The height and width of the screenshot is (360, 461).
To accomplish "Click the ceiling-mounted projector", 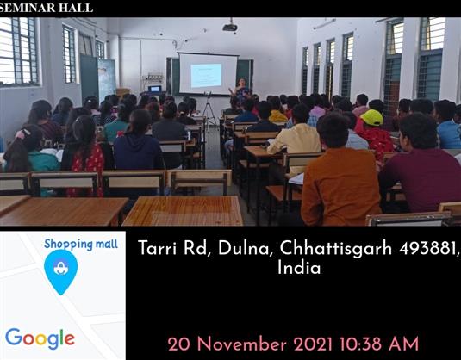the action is (x=230, y=27).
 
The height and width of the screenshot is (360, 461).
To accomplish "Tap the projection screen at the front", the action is (x=209, y=73).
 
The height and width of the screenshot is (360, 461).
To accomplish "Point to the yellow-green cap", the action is (x=372, y=117).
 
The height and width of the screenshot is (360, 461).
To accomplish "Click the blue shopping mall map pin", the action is (x=61, y=272).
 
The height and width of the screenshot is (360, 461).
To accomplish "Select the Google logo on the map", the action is (x=40, y=338).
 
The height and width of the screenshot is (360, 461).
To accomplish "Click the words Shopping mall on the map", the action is (x=81, y=244).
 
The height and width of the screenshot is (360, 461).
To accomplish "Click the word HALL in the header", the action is (x=76, y=8).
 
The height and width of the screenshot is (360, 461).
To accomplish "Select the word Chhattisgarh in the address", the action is (x=336, y=248).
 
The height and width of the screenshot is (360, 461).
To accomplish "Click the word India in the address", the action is (x=299, y=268).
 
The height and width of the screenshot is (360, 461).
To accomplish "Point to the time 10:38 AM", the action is (x=379, y=344).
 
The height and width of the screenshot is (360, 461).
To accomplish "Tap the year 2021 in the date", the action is (x=313, y=344).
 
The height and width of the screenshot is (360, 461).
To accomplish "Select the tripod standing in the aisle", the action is (x=209, y=109).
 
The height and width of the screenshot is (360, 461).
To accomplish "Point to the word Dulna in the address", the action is (x=244, y=248).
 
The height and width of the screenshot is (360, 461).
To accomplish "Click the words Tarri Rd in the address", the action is (x=175, y=248).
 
